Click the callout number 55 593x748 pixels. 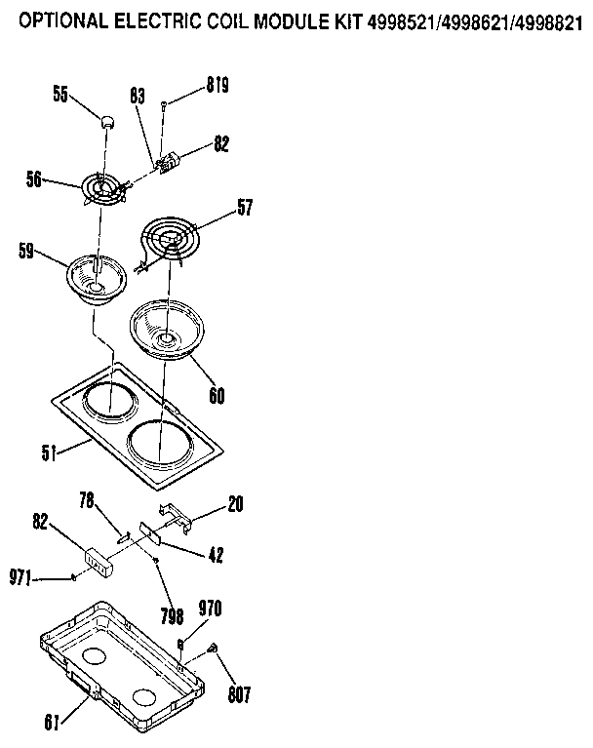(x=60, y=95)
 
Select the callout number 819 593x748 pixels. (x=217, y=87)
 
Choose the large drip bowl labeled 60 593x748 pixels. (x=166, y=332)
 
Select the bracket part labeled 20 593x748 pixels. (x=172, y=516)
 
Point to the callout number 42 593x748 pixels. (x=216, y=554)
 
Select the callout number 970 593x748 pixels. (x=211, y=610)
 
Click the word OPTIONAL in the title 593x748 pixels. (x=65, y=19)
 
